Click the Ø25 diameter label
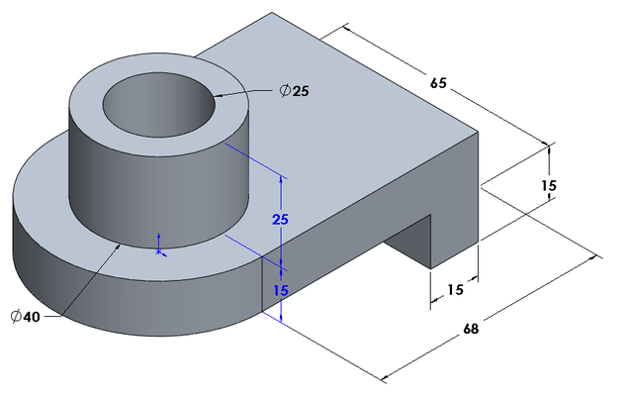click(294, 91)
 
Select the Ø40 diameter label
click(26, 316)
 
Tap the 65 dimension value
click(436, 83)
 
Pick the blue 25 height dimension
click(280, 219)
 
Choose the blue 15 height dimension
click(280, 290)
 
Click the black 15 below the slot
click(454, 290)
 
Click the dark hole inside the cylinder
click(158, 101)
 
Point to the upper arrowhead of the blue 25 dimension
click(281, 180)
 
